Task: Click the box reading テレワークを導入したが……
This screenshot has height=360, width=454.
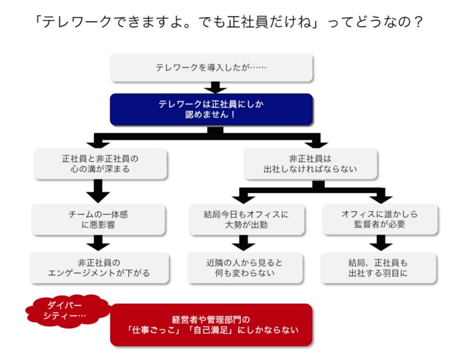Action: point(211,67)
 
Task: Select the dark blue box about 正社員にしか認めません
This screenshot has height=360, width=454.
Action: point(211,109)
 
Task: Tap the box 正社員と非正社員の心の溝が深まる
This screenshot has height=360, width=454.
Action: point(100,164)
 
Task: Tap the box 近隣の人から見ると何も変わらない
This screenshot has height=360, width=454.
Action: point(245,268)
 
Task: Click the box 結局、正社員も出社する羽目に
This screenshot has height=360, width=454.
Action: point(378,268)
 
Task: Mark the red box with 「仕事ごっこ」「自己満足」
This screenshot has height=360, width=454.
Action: point(211,324)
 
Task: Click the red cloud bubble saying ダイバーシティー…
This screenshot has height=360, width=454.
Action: point(68,310)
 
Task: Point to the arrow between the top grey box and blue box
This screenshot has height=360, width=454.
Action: point(215,87)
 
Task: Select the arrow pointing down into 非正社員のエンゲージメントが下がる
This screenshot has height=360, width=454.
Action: point(99,244)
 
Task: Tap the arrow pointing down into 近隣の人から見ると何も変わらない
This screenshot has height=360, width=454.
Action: point(244,244)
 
